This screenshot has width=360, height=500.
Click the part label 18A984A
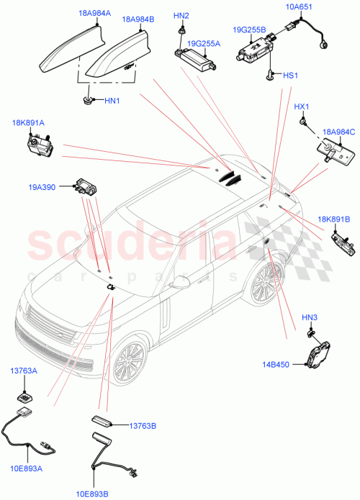tap(94, 13)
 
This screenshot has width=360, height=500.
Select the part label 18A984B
tap(138, 20)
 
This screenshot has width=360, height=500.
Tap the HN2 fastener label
tap(181, 16)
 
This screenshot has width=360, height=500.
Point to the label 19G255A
tap(204, 43)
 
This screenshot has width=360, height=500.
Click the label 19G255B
tap(249, 30)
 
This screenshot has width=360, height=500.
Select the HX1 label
tap(302, 107)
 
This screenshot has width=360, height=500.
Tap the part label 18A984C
tap(337, 132)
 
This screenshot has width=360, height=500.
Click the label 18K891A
tap(28, 123)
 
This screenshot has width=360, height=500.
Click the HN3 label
tap(310, 317)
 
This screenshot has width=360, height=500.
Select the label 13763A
tap(24, 372)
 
